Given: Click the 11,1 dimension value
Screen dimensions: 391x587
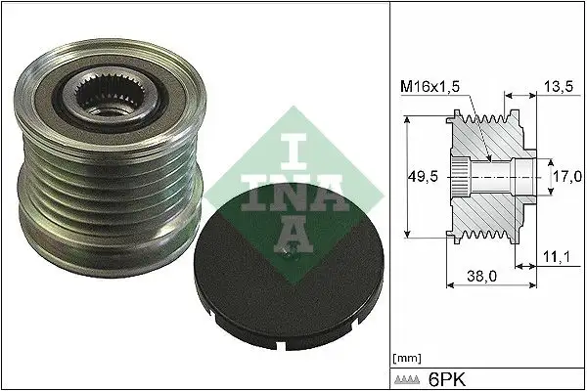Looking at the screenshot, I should [559, 257].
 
